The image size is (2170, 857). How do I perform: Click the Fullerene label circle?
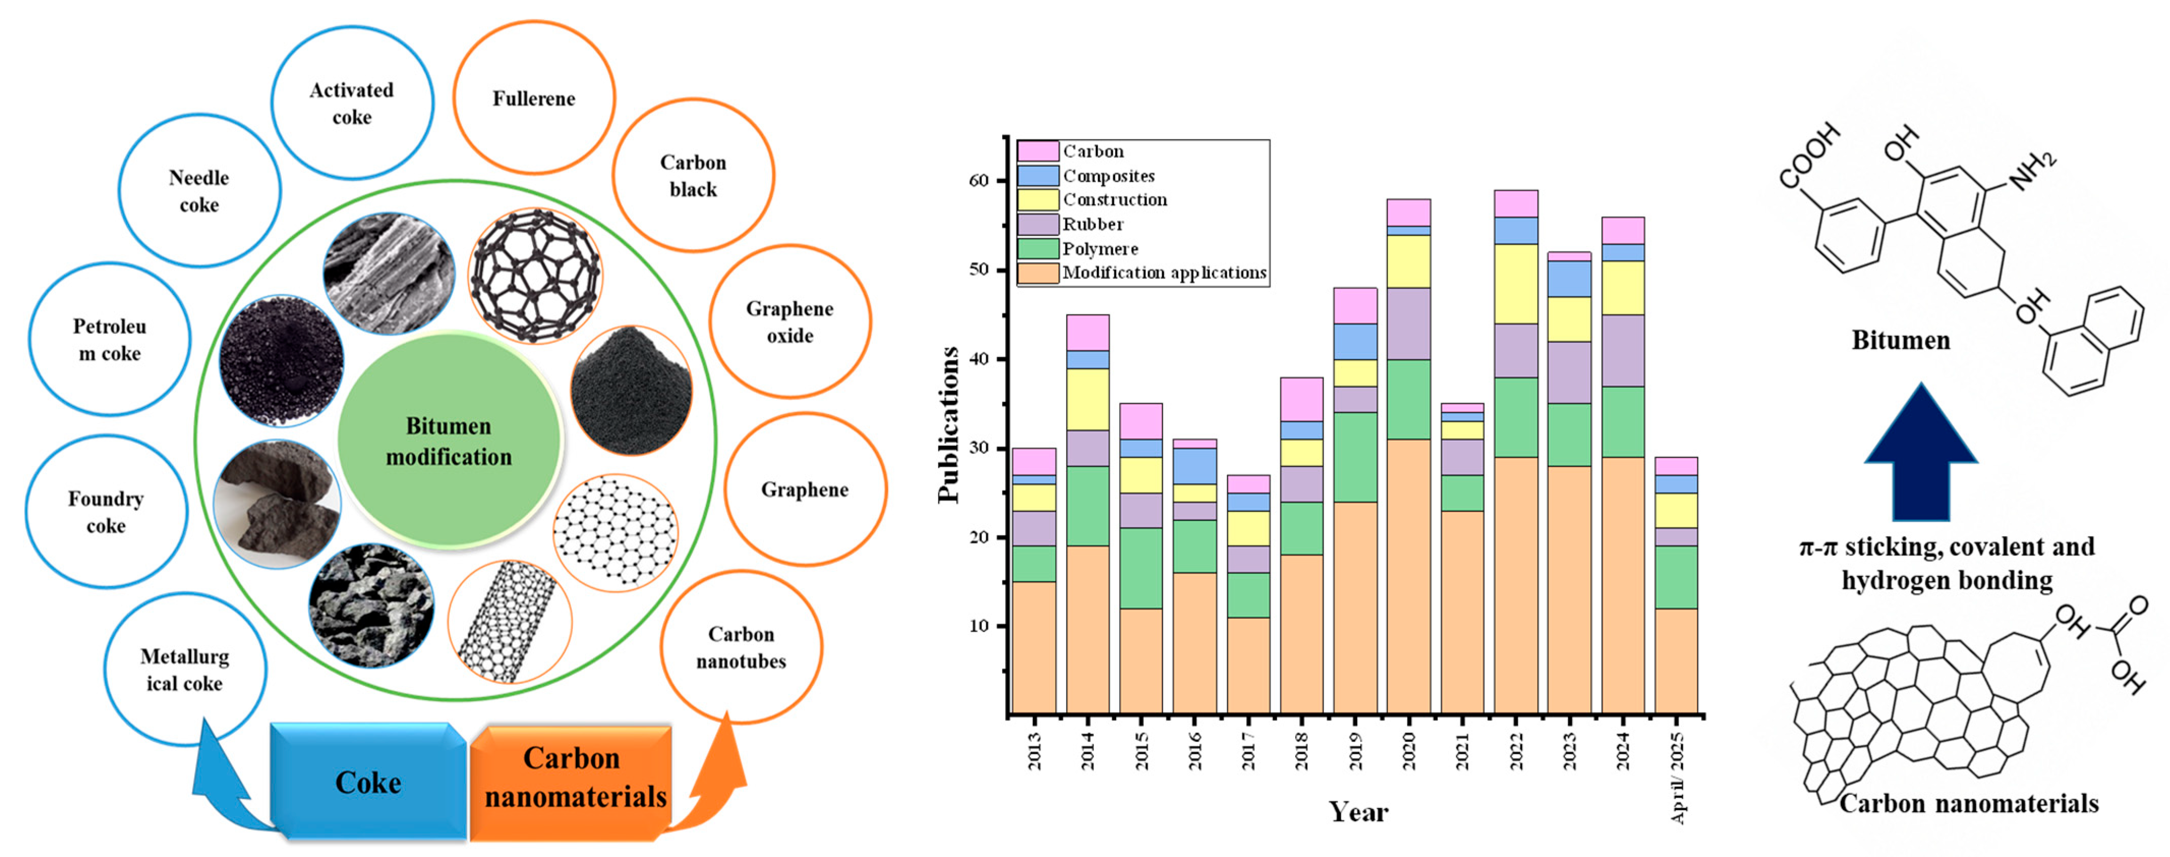click(534, 99)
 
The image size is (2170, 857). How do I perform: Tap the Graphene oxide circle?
click(789, 322)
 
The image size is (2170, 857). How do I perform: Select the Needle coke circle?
click(199, 191)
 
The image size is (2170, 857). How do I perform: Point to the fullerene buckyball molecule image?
click(535, 275)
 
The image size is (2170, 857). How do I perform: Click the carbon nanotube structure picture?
click(509, 621)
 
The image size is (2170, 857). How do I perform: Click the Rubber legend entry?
click(1093, 224)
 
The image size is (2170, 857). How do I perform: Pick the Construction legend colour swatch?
click(1038, 199)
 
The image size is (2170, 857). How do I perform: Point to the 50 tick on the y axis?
click(978, 270)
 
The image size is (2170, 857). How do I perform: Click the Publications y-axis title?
click(949, 425)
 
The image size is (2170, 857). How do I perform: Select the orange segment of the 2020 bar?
click(1409, 577)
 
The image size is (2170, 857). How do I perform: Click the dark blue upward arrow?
click(1921, 455)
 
